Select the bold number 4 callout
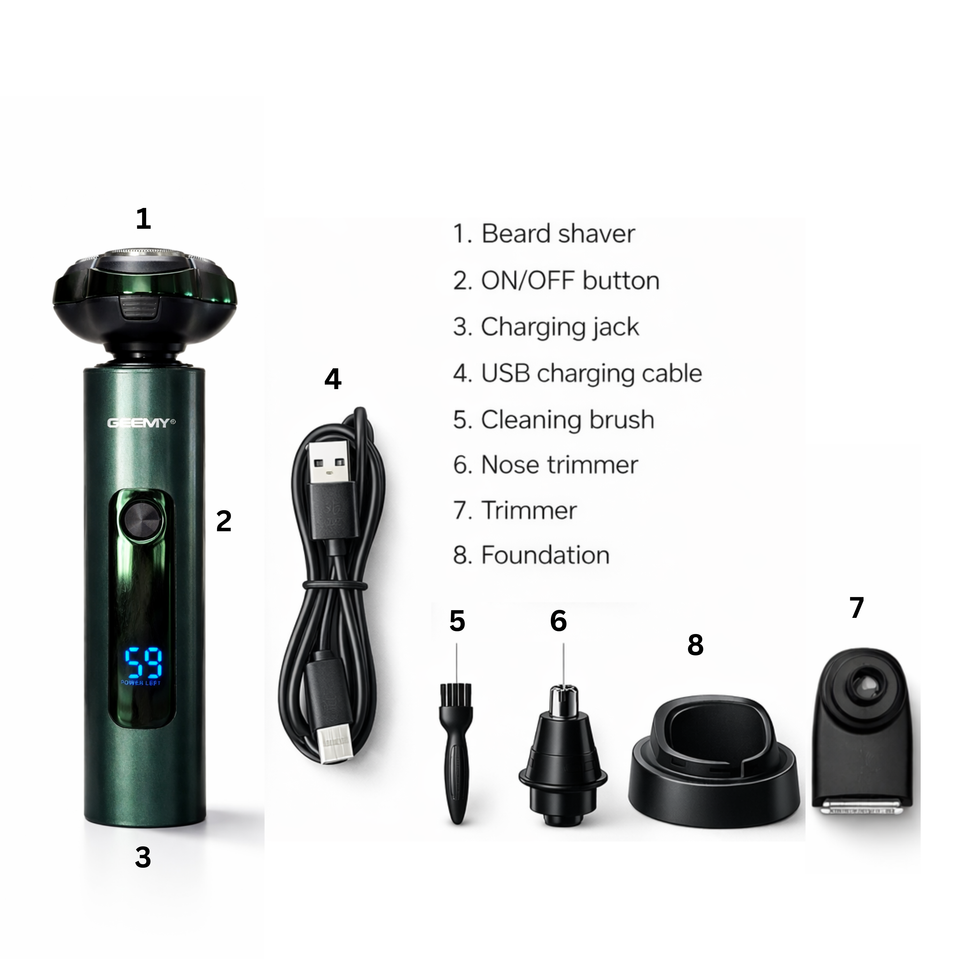(x=333, y=379)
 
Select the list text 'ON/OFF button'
(x=570, y=281)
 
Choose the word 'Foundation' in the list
(x=545, y=555)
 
